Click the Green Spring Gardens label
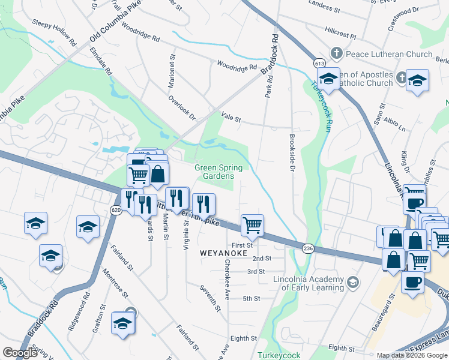(x=214, y=172)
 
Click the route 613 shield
(x=319, y=63)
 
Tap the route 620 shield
(x=116, y=209)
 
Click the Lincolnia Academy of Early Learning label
(x=309, y=283)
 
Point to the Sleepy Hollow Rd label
(x=55, y=33)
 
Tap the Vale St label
(x=231, y=119)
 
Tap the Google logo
(x=20, y=352)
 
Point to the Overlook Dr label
(x=182, y=107)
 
